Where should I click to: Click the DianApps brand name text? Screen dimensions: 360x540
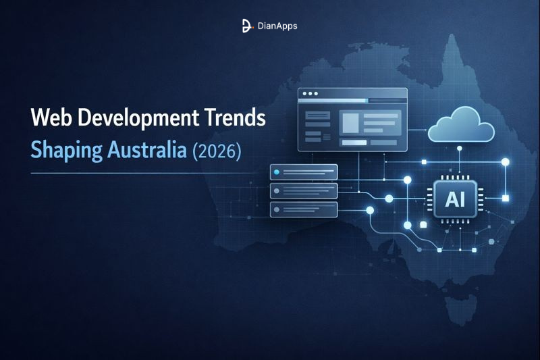pyautogui.click(x=277, y=26)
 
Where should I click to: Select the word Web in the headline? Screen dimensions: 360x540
pyautogui.click(x=51, y=118)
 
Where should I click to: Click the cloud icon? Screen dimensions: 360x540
pyautogui.click(x=462, y=126)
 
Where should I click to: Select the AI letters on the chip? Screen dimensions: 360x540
pyautogui.click(x=455, y=199)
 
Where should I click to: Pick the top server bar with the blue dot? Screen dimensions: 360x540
pyautogui.click(x=303, y=172)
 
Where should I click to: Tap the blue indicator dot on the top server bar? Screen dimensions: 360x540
pyautogui.click(x=276, y=172)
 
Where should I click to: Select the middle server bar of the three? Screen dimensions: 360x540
pyautogui.click(x=303, y=190)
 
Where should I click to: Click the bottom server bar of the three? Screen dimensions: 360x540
pyautogui.click(x=303, y=209)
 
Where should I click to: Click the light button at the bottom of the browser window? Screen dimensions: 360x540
pyautogui.click(x=354, y=143)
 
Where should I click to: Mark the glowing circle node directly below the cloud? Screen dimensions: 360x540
pyautogui.click(x=459, y=163)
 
